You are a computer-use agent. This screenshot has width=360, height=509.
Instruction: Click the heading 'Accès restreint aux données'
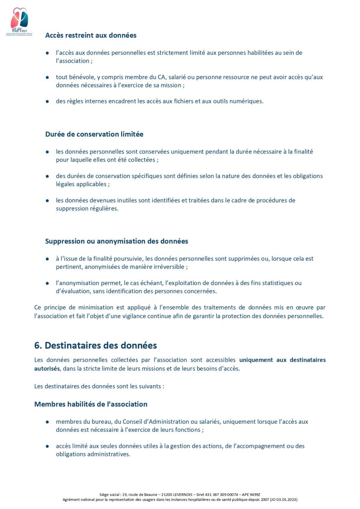coord(91,35)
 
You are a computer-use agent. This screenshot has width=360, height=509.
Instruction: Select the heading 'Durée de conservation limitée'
coord(94,134)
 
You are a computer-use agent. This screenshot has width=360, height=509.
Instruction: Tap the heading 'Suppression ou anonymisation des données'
coord(117,241)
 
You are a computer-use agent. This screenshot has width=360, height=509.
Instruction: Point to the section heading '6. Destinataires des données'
coord(95,345)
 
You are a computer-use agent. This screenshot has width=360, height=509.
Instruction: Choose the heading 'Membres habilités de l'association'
coord(91,404)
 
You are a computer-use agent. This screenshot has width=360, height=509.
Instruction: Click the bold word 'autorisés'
coord(47,369)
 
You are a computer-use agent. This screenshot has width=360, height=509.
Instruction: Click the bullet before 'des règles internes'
coord(47,101)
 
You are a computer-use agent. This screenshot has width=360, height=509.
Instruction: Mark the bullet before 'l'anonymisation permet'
coord(47,283)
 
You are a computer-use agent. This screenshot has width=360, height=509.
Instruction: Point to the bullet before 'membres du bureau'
coord(47,422)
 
